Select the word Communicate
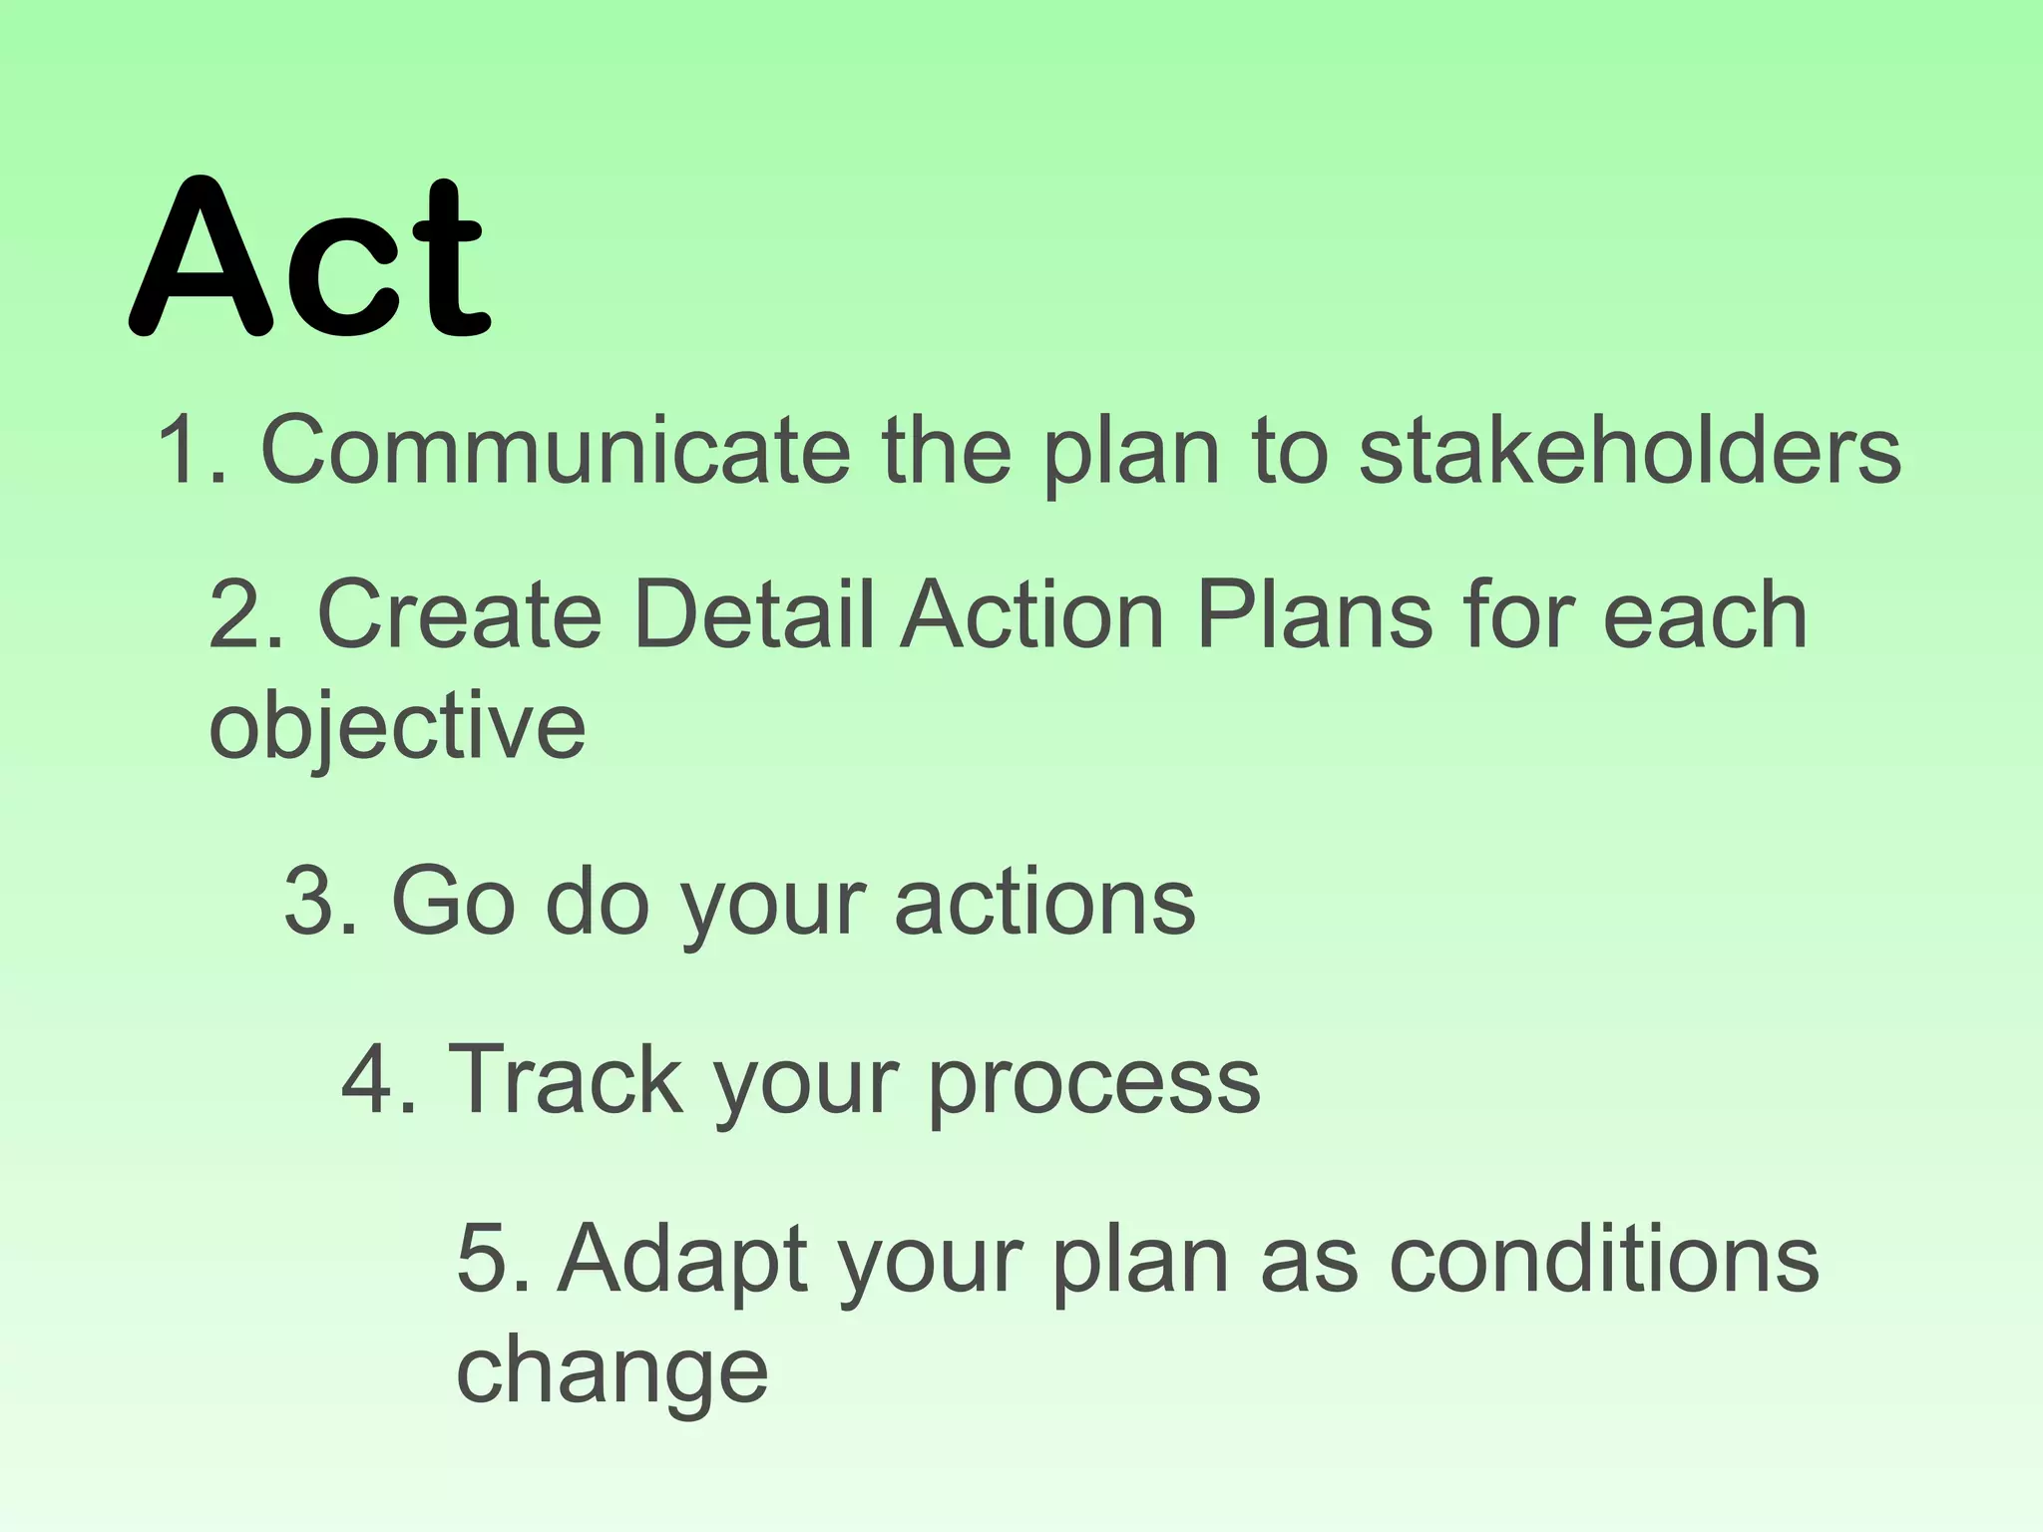555,450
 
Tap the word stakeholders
1630,450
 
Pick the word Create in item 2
460,615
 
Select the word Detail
753,615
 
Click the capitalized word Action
1032,615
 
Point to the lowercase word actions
1044,902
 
